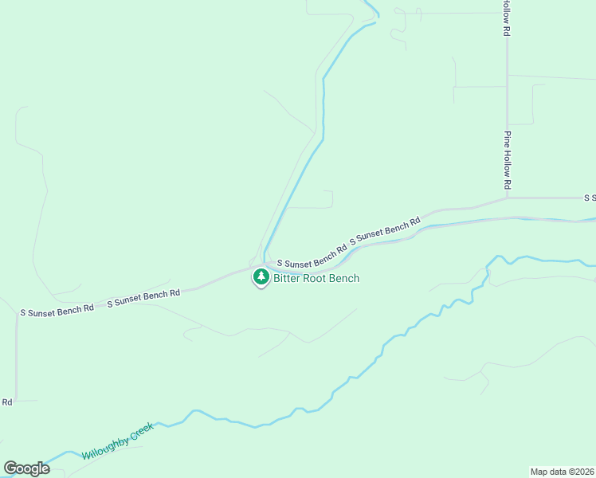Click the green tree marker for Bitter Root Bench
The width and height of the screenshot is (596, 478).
(261, 277)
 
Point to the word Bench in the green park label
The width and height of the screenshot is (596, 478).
(344, 278)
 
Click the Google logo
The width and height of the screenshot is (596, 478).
(26, 468)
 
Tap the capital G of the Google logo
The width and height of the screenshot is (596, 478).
(10, 468)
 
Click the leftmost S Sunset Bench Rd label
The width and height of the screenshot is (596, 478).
(57, 308)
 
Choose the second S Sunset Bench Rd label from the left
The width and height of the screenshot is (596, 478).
(143, 297)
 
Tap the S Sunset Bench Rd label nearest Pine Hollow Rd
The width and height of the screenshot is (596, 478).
(385, 230)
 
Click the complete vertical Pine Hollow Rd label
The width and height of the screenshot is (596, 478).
(506, 159)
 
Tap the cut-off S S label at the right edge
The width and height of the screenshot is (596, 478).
(590, 198)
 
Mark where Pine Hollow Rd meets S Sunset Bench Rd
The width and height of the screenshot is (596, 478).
(507, 198)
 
